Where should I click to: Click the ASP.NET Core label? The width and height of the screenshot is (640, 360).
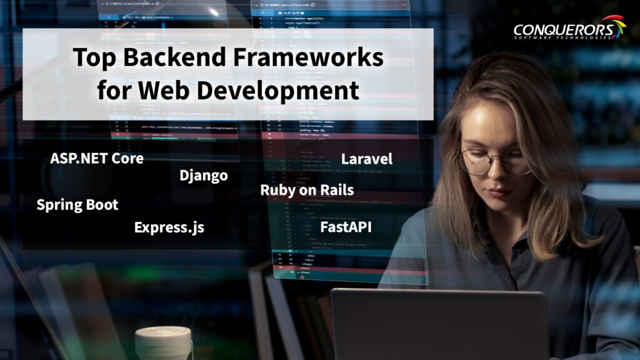pyautogui.click(x=97, y=158)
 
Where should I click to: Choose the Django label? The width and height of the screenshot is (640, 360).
pyautogui.click(x=204, y=176)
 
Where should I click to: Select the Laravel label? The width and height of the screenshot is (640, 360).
pyautogui.click(x=367, y=159)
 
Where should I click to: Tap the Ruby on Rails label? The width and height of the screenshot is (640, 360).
pyautogui.click(x=307, y=190)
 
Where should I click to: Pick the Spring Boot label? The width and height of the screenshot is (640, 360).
pyautogui.click(x=77, y=204)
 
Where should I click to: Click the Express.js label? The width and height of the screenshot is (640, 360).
pyautogui.click(x=169, y=227)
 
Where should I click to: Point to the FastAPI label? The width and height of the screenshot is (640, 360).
pyautogui.click(x=346, y=227)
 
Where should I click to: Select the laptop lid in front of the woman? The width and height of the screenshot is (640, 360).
pyautogui.click(x=437, y=325)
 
